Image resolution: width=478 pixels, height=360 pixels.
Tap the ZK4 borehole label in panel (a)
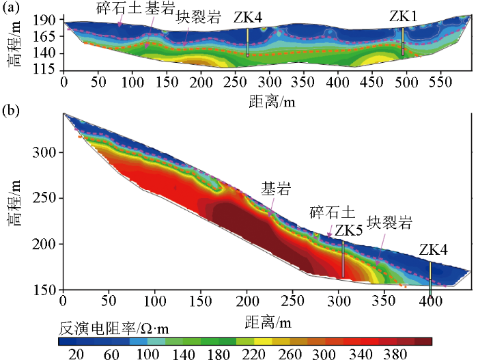tap(247, 17)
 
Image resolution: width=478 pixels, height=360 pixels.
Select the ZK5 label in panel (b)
tap(348, 230)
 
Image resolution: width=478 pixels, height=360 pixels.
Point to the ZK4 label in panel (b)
tap(434, 251)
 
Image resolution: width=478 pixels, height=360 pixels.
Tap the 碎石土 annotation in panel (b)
tap(330, 212)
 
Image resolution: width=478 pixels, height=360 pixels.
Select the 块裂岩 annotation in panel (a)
tap(198, 16)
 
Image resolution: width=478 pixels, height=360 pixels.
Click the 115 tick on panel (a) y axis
tap(49, 70)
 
